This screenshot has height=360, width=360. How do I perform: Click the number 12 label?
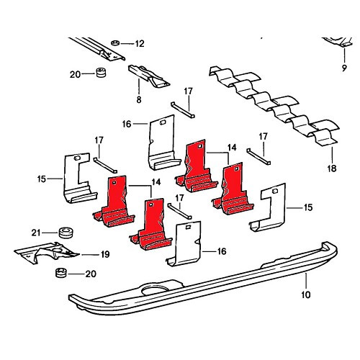140,44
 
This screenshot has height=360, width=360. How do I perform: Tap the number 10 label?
305,295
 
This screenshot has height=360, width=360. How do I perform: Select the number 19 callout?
104,254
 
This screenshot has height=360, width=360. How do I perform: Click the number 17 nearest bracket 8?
188,91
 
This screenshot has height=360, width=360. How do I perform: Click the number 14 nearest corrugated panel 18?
232,147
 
